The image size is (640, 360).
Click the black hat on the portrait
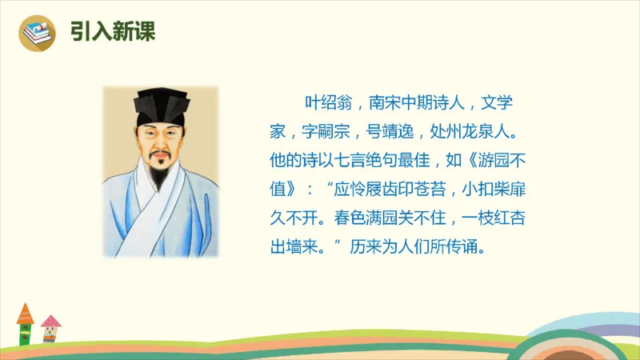point(160,105)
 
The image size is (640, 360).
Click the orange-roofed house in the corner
point(25,324)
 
